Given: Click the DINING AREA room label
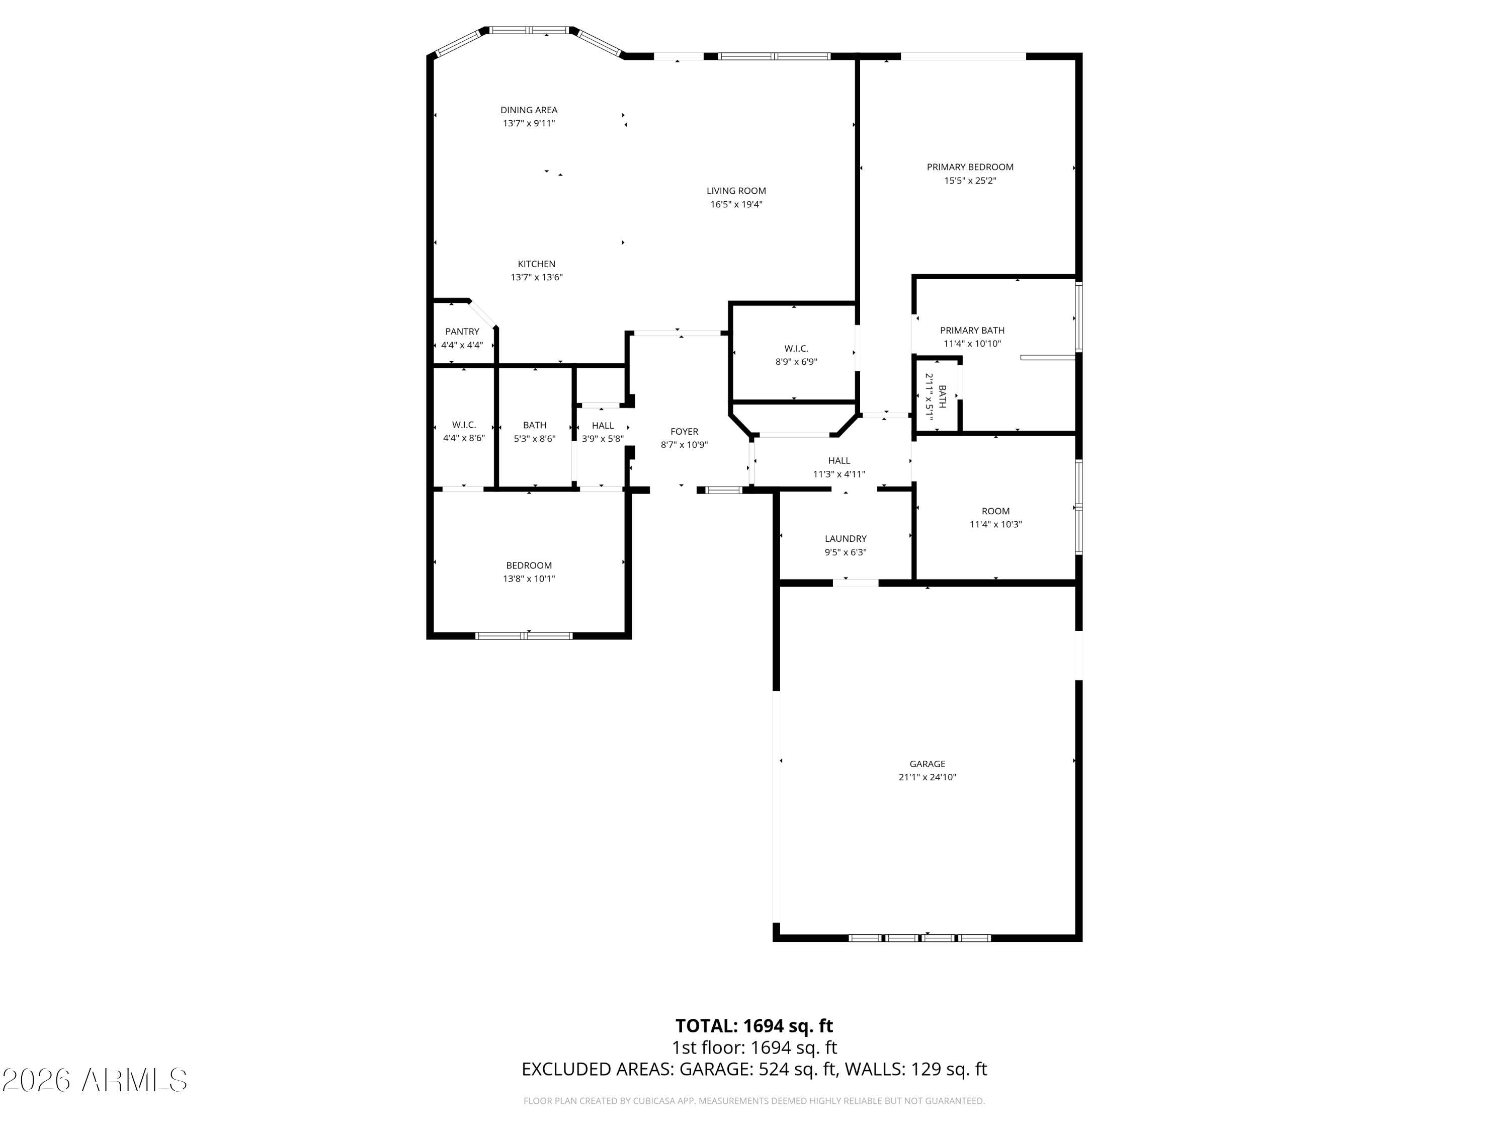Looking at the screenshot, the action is (529, 110).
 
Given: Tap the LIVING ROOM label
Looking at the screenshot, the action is (736, 191).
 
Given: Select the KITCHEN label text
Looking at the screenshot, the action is (536, 264).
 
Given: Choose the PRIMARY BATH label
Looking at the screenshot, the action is (972, 330).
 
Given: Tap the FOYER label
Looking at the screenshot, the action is (684, 431).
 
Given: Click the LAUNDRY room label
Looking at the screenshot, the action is (845, 538).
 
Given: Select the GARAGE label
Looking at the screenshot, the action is (927, 764).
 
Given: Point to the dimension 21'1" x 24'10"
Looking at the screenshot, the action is (927, 777).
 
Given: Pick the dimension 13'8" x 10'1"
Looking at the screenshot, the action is (529, 579).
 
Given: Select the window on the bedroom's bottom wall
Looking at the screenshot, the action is (524, 636).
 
